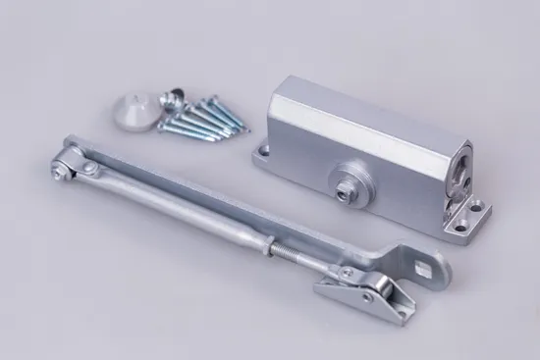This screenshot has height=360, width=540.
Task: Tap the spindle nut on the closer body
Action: (347, 186)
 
